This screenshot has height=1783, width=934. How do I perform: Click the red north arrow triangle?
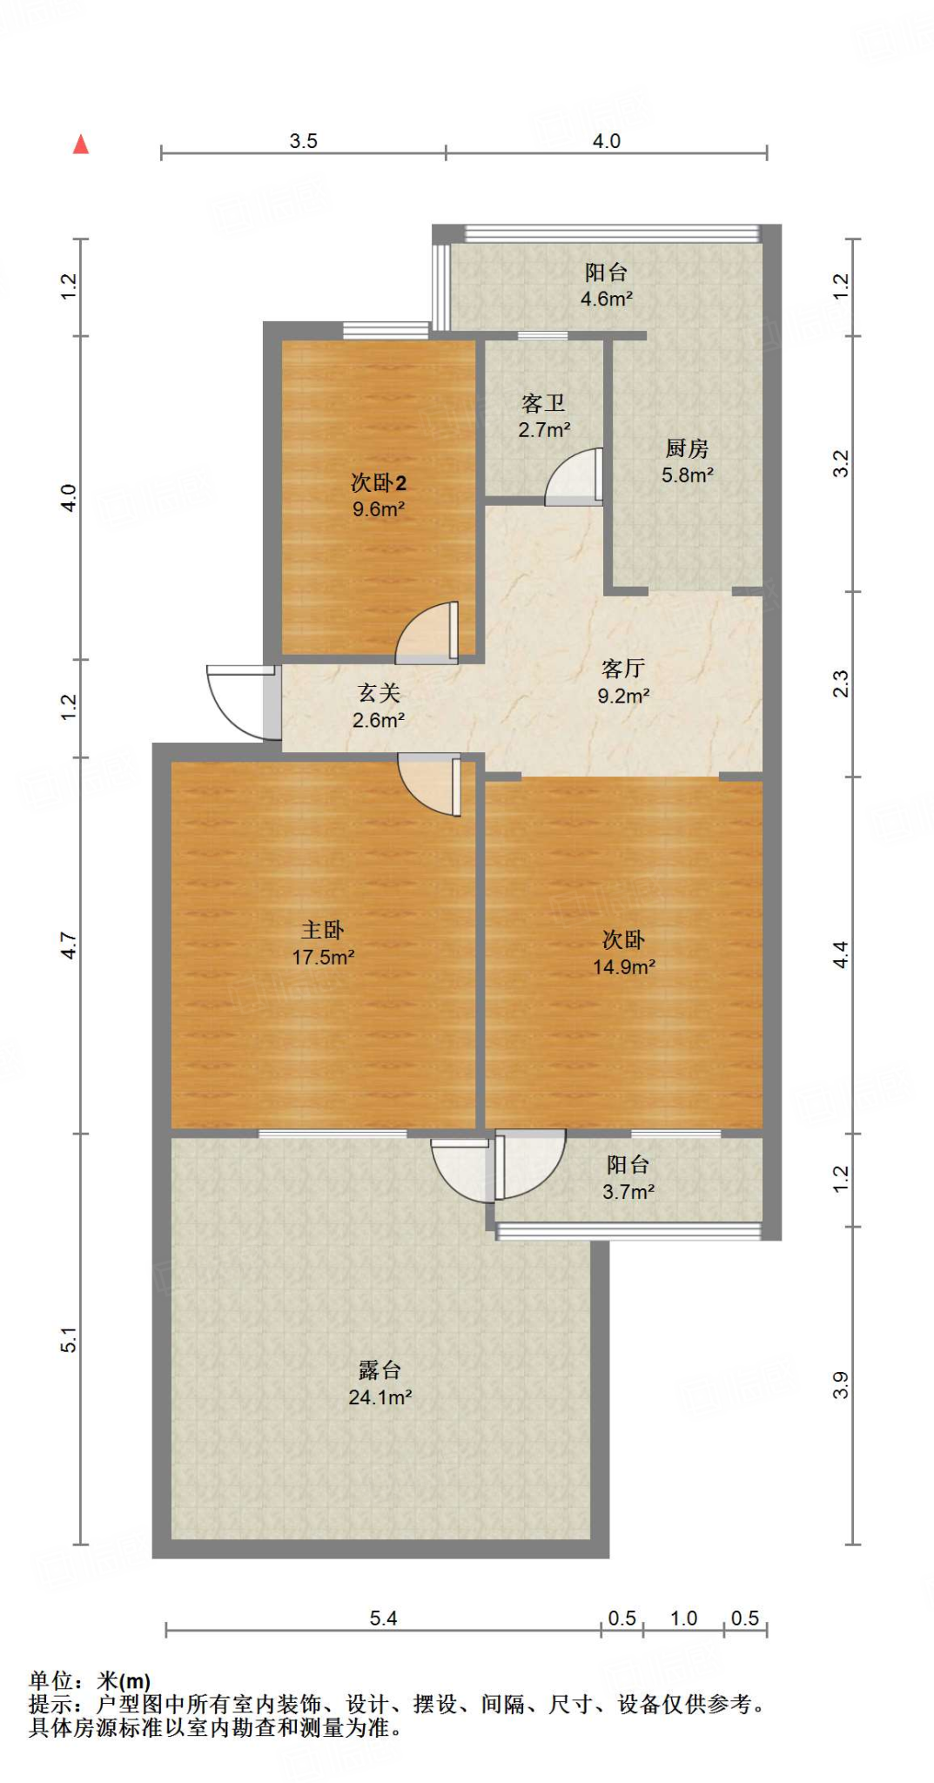pos(81,145)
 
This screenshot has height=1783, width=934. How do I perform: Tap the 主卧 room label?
pos(323,930)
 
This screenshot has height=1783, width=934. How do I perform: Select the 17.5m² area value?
pos(323,958)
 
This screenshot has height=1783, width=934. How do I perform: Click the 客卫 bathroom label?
pos(543,403)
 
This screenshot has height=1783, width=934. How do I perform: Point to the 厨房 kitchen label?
pos(687,448)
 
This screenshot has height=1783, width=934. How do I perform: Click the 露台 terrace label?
pos(380,1370)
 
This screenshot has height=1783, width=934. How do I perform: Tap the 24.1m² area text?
pos(380,1397)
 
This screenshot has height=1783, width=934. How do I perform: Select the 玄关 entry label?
pos(379,693)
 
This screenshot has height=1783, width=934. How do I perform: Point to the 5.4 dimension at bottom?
pos(383,1618)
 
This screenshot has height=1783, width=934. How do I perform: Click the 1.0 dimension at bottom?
pos(683,1618)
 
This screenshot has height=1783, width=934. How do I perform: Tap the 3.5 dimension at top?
pos(303,141)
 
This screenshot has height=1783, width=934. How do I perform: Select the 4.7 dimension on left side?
pos(69,945)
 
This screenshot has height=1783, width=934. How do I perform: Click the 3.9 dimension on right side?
pos(840,1385)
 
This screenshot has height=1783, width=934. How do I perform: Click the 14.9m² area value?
pos(623,967)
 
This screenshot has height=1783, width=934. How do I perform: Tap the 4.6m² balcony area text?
pos(606,299)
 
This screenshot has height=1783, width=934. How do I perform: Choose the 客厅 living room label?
pos(622,669)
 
